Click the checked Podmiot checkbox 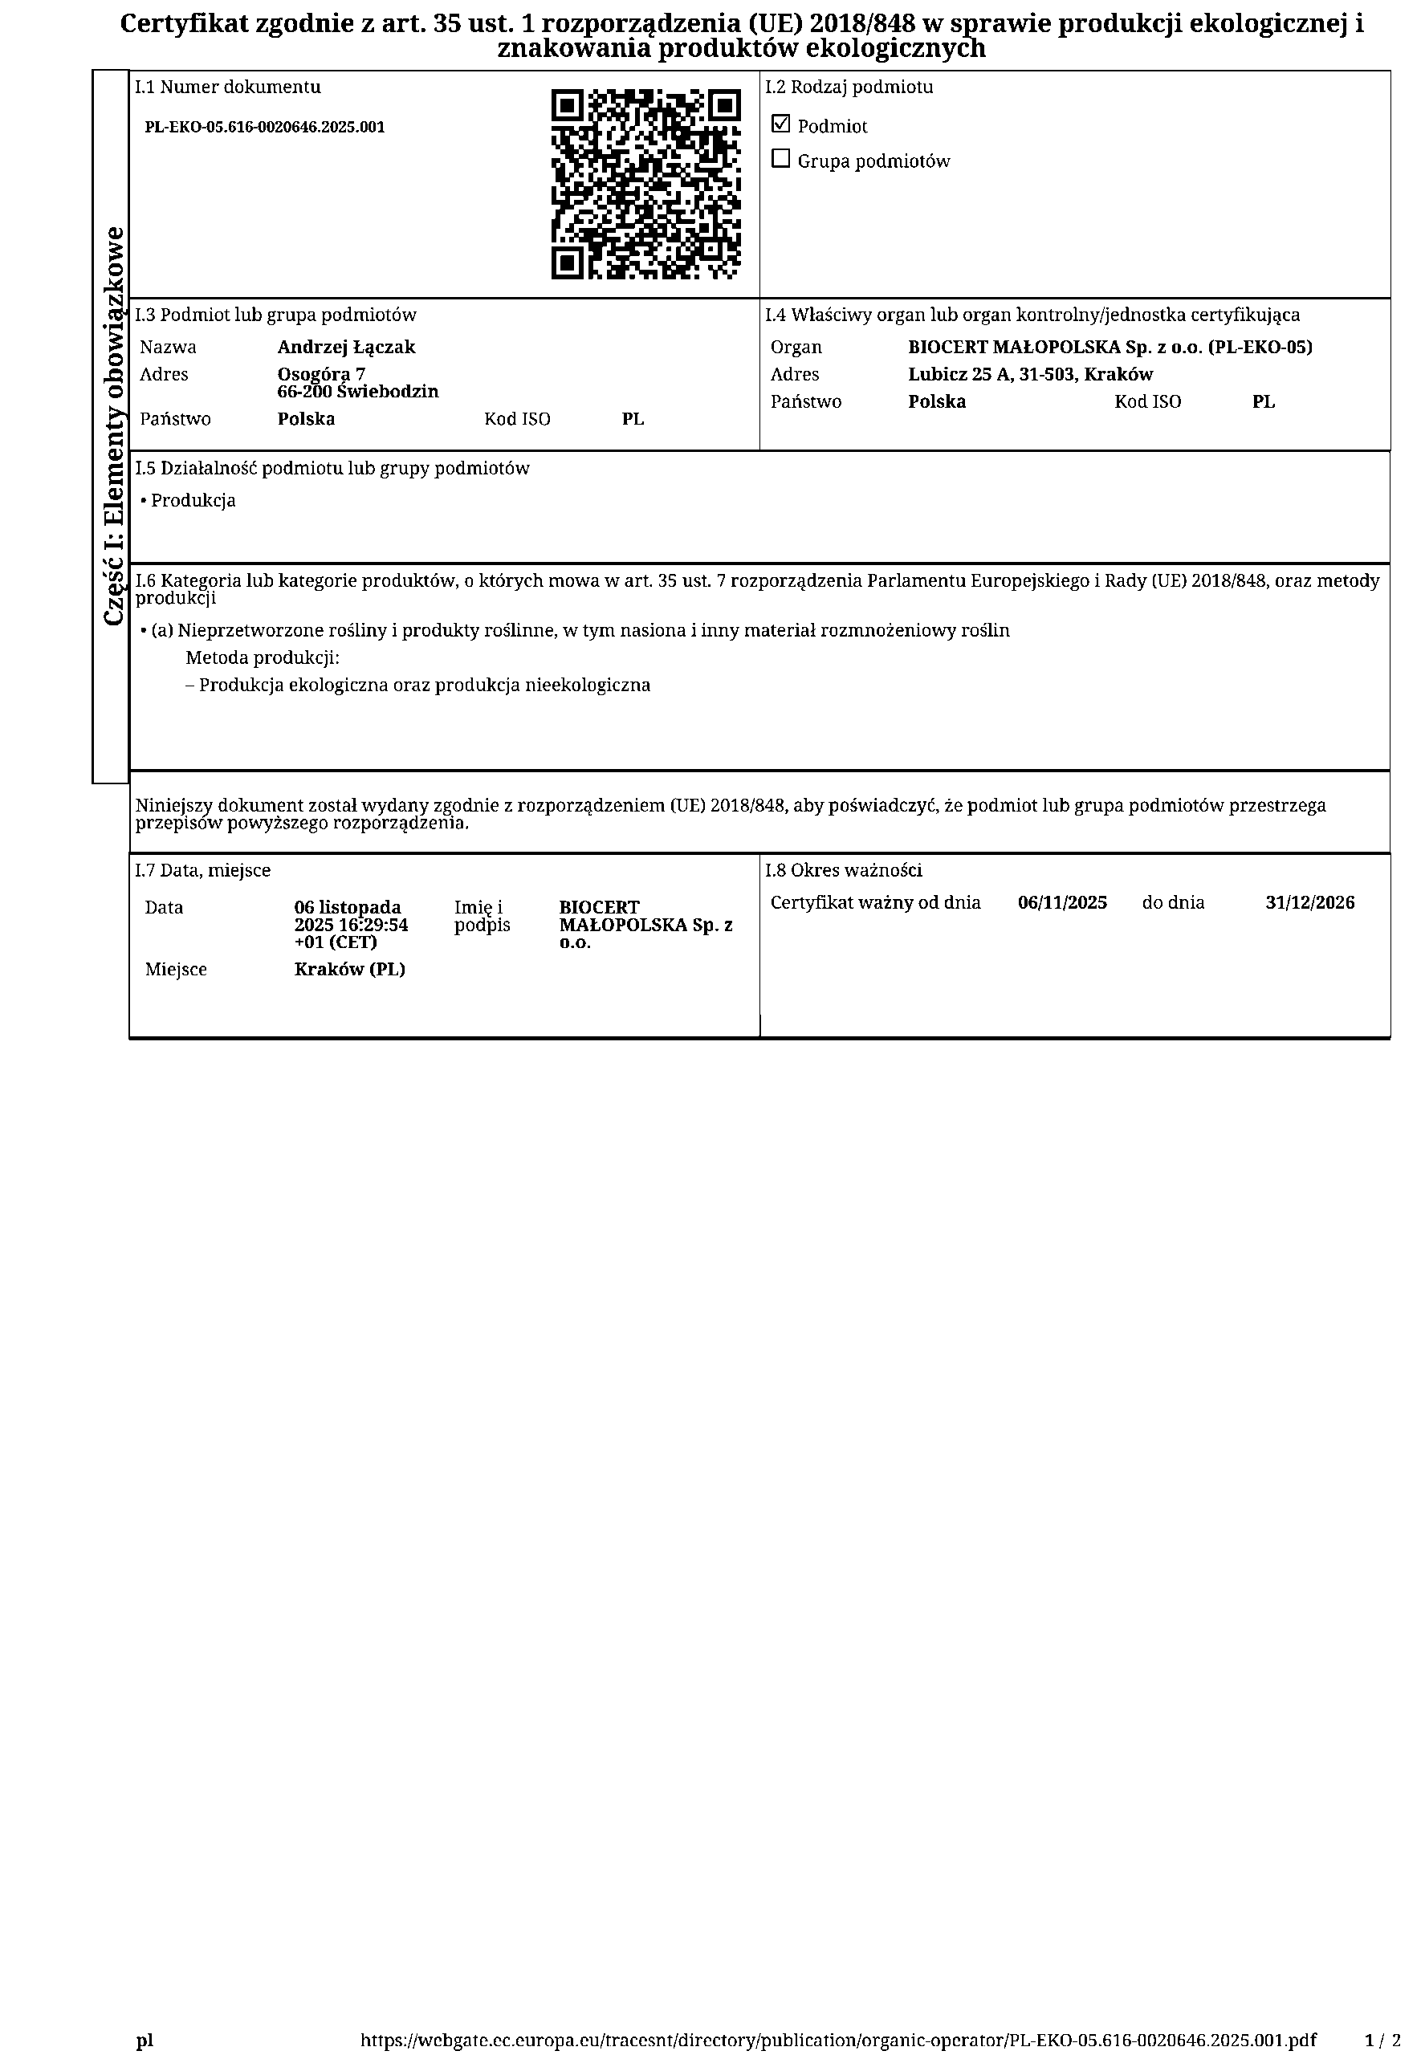780,124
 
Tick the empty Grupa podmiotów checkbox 780,159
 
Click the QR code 645,185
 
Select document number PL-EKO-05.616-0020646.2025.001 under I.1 264,128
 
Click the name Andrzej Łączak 346,347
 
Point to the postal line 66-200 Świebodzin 358,392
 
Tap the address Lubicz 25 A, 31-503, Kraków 1030,375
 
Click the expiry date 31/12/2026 1309,902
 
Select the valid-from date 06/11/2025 1062,902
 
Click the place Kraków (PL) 350,969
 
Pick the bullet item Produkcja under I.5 193,500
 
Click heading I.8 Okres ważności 843,870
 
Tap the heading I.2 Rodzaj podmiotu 849,87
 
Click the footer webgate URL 838,2015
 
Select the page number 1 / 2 1382,2015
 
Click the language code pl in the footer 145,2015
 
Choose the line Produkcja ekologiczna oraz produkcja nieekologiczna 424,686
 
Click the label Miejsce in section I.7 177,969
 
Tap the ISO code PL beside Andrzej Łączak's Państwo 633,419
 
